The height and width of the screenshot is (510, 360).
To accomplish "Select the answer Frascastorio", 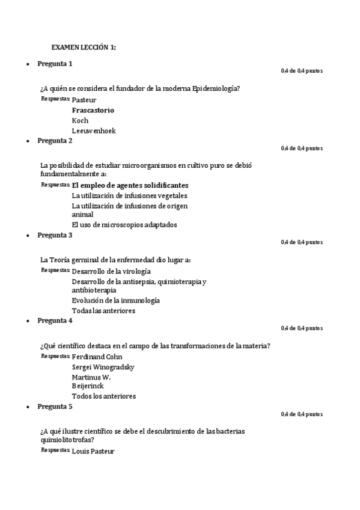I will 93,111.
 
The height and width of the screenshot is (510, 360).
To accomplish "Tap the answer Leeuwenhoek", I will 94,131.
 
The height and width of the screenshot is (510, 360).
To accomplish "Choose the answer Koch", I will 80,120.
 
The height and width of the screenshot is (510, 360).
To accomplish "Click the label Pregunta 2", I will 55,141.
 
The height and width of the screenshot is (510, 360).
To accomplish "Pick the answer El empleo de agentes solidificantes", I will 130,185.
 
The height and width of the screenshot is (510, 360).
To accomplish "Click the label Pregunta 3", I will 55,235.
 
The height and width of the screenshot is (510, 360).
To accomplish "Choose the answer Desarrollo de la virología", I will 111,271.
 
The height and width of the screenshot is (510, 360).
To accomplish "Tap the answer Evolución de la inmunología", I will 116,300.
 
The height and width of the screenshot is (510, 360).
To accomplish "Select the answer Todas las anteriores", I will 103,311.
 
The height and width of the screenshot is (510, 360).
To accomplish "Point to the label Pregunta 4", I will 55,321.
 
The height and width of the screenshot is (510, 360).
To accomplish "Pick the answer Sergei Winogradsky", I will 103,367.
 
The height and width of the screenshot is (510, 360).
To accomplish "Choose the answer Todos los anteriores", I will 104,396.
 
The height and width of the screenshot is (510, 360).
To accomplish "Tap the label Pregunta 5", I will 55,407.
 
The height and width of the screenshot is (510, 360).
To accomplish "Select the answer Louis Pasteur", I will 93,451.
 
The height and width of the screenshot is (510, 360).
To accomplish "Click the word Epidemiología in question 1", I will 216,88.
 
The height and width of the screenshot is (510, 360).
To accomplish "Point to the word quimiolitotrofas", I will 67,440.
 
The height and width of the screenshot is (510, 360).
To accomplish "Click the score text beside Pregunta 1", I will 302,72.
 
